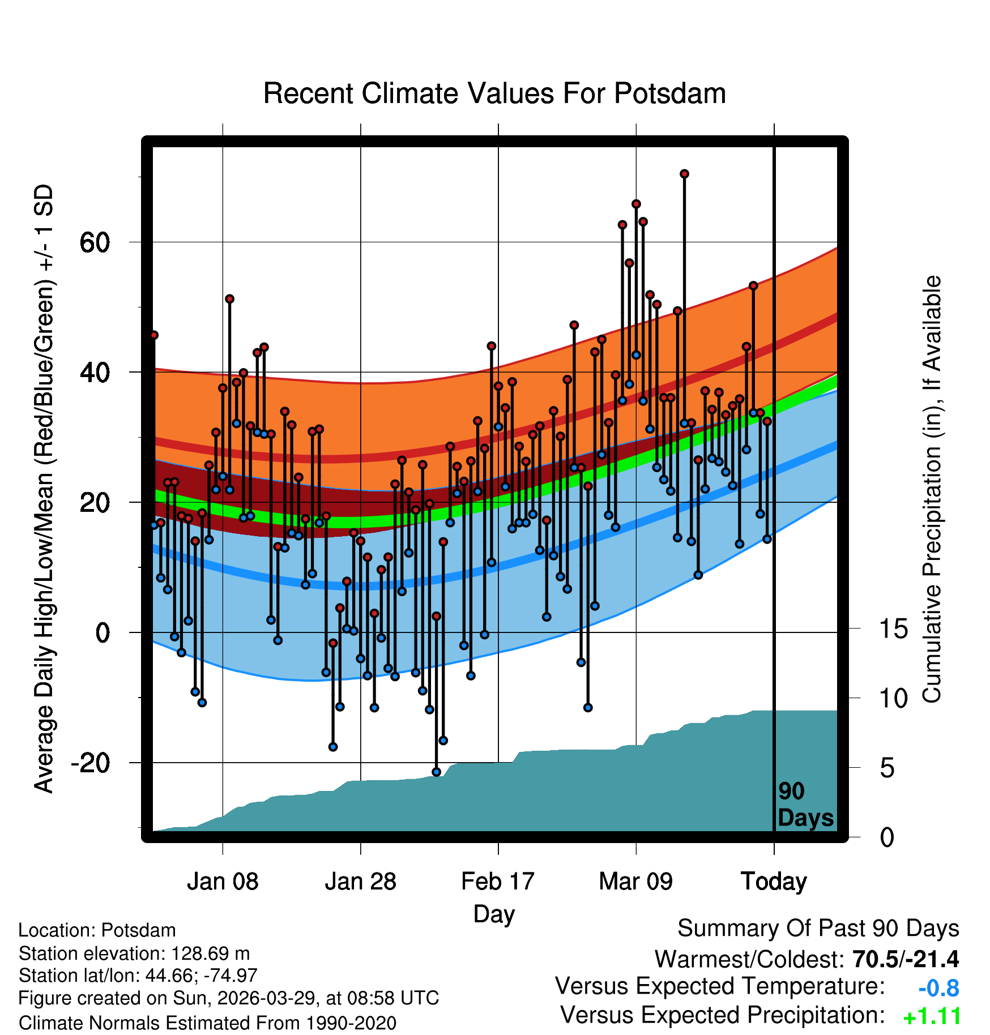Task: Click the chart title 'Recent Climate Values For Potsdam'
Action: (x=494, y=93)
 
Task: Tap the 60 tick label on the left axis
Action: (x=95, y=243)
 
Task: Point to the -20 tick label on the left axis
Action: (x=91, y=763)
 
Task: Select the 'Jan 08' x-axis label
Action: (x=223, y=882)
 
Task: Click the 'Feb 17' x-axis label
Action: (x=498, y=882)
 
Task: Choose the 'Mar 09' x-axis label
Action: (x=636, y=882)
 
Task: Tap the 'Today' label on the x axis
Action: (x=774, y=882)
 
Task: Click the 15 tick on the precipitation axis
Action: (x=894, y=629)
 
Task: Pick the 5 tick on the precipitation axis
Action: (x=887, y=768)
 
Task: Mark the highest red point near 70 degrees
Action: (x=684, y=174)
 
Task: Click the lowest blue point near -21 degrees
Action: (x=436, y=772)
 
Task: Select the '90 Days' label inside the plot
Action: (x=805, y=805)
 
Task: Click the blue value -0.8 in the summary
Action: (x=938, y=989)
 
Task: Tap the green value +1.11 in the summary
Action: (x=932, y=1017)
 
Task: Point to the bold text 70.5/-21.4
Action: (x=906, y=959)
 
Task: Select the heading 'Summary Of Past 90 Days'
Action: (x=818, y=929)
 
